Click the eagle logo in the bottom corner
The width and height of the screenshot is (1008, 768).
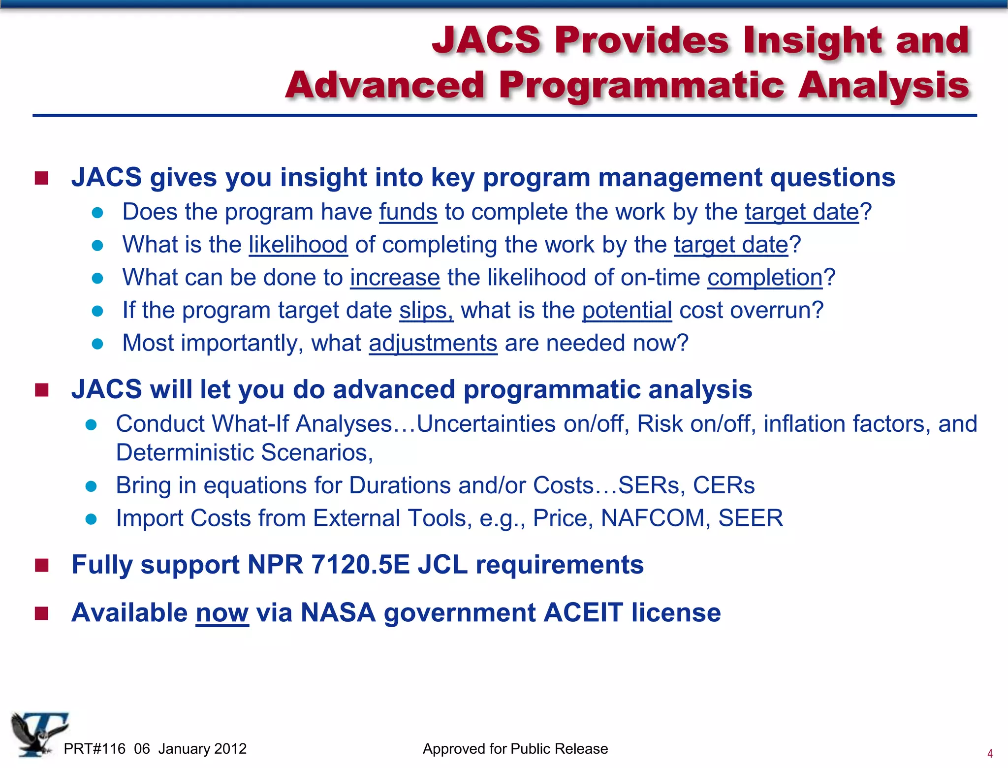(38, 734)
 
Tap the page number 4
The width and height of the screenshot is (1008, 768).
(990, 753)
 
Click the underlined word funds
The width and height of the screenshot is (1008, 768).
(408, 212)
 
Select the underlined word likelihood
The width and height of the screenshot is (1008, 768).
(298, 245)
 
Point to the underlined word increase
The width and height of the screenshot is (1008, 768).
(395, 278)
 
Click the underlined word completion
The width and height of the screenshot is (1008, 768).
(765, 278)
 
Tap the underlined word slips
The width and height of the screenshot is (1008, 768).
(425, 310)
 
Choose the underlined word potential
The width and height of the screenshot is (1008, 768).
(627, 310)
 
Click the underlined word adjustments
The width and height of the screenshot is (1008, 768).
(433, 343)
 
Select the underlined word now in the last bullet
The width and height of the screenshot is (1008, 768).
(222, 613)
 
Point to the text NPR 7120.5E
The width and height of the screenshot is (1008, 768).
(328, 565)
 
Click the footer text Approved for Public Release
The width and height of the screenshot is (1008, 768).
(515, 749)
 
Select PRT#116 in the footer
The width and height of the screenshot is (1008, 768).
(94, 749)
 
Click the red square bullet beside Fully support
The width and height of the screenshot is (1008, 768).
(42, 566)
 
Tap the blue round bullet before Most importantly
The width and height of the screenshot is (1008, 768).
(97, 344)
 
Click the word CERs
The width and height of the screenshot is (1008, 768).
(724, 485)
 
